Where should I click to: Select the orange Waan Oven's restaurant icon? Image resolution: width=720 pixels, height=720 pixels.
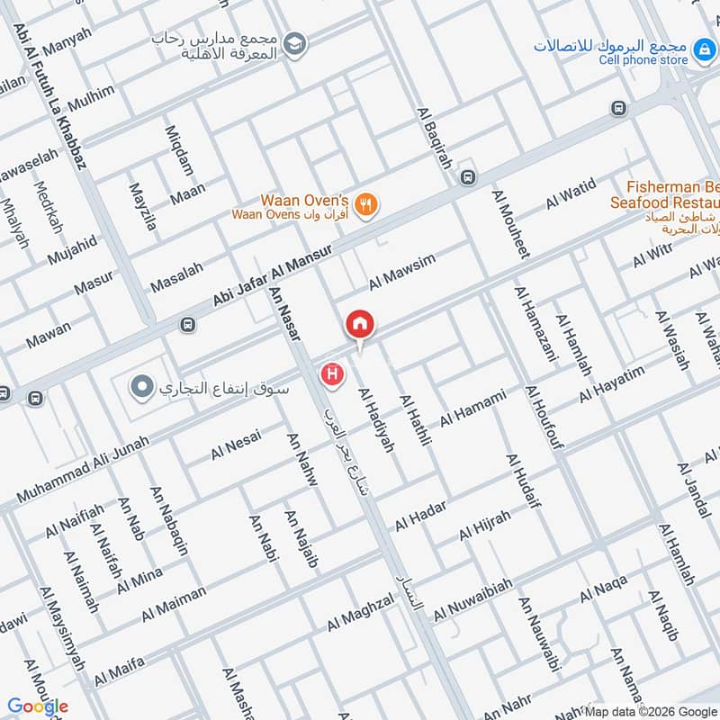click(x=365, y=204)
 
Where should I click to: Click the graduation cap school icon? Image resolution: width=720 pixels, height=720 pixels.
click(x=293, y=42)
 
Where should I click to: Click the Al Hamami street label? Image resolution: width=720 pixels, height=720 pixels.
click(x=472, y=408)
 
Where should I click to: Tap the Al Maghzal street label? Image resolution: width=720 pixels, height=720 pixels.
click(x=361, y=611)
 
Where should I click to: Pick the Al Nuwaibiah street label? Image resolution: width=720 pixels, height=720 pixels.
click(x=473, y=599)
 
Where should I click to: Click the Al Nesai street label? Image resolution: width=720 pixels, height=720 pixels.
click(x=236, y=444)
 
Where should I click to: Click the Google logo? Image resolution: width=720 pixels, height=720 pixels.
click(x=38, y=706)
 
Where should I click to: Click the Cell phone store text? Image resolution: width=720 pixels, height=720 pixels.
click(x=643, y=60)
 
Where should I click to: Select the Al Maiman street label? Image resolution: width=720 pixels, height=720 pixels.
click(x=174, y=605)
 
